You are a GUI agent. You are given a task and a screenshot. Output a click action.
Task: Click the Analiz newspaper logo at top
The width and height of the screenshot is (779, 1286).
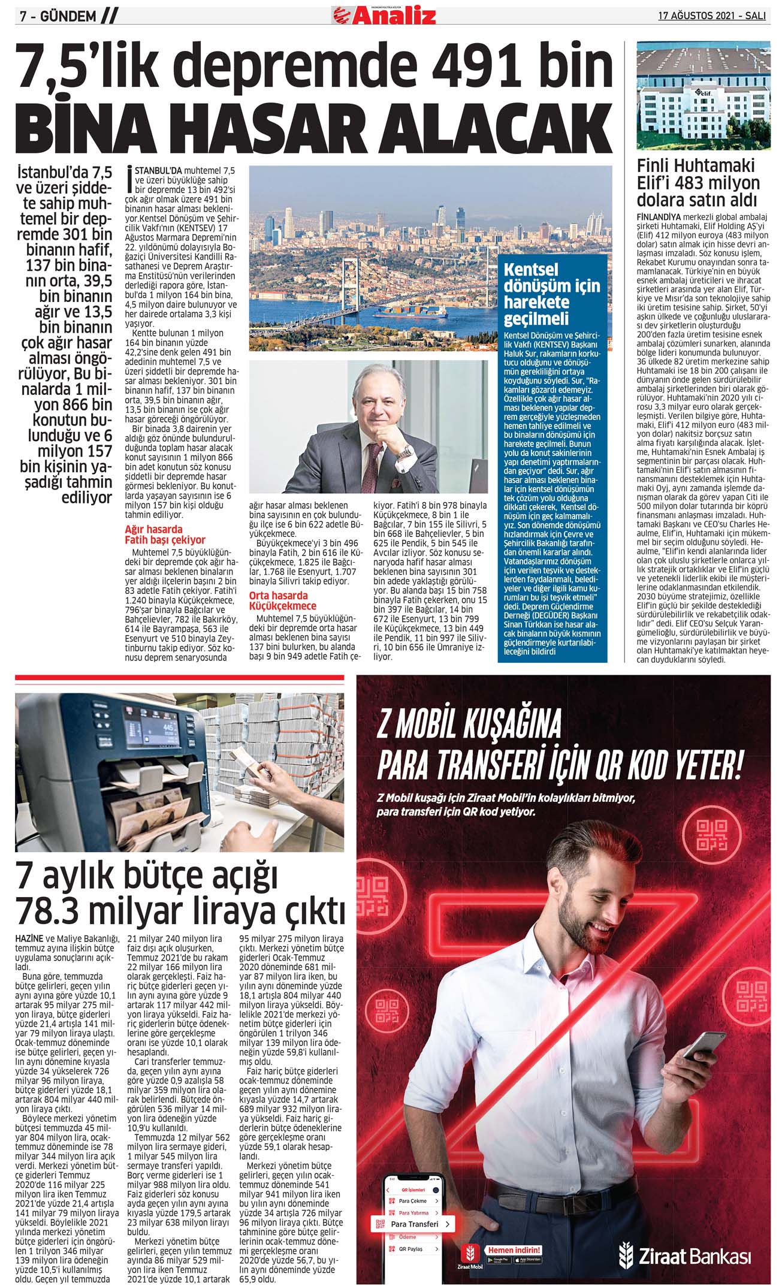click(x=384, y=15)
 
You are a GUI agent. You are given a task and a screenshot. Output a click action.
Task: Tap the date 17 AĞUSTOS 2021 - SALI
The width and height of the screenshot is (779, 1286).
click(x=712, y=16)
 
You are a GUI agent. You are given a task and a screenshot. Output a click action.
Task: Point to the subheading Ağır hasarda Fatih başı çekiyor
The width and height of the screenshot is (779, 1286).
click(x=165, y=535)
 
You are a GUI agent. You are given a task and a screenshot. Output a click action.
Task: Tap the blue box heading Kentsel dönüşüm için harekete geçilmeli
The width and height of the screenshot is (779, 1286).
click(x=551, y=294)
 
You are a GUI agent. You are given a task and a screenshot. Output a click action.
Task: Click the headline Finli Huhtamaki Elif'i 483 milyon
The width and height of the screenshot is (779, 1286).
click(x=698, y=182)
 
